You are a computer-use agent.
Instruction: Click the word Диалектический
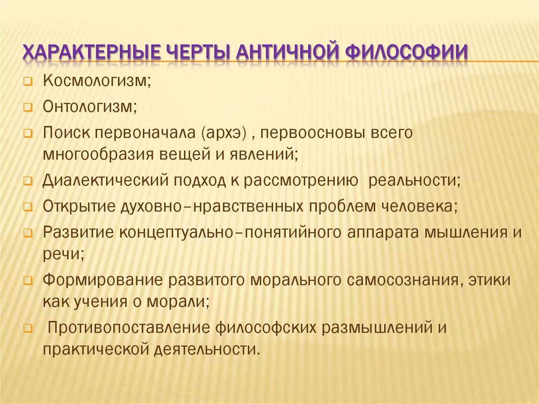(105, 180)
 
